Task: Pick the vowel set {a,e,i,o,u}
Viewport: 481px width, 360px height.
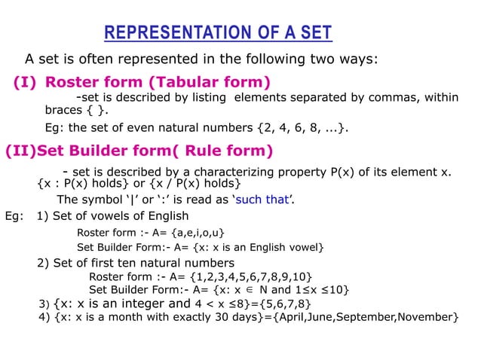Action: [x=199, y=232]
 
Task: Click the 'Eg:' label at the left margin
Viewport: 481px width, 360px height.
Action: [x=13, y=217]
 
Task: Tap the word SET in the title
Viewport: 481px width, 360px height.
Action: [x=314, y=34]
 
